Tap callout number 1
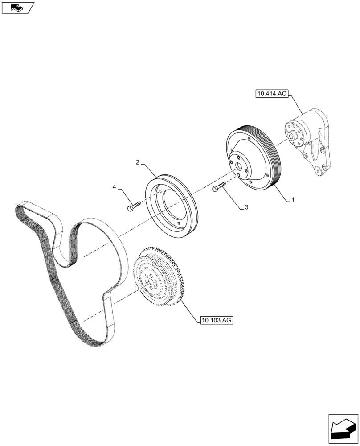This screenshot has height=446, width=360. [293, 201]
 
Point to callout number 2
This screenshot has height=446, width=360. [138, 162]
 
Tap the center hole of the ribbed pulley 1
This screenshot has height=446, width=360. [240, 166]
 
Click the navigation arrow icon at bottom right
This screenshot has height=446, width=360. [343, 429]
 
